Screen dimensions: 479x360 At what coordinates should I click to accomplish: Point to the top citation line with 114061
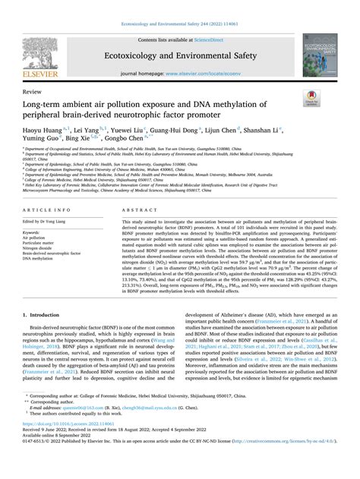coord(179,5)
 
